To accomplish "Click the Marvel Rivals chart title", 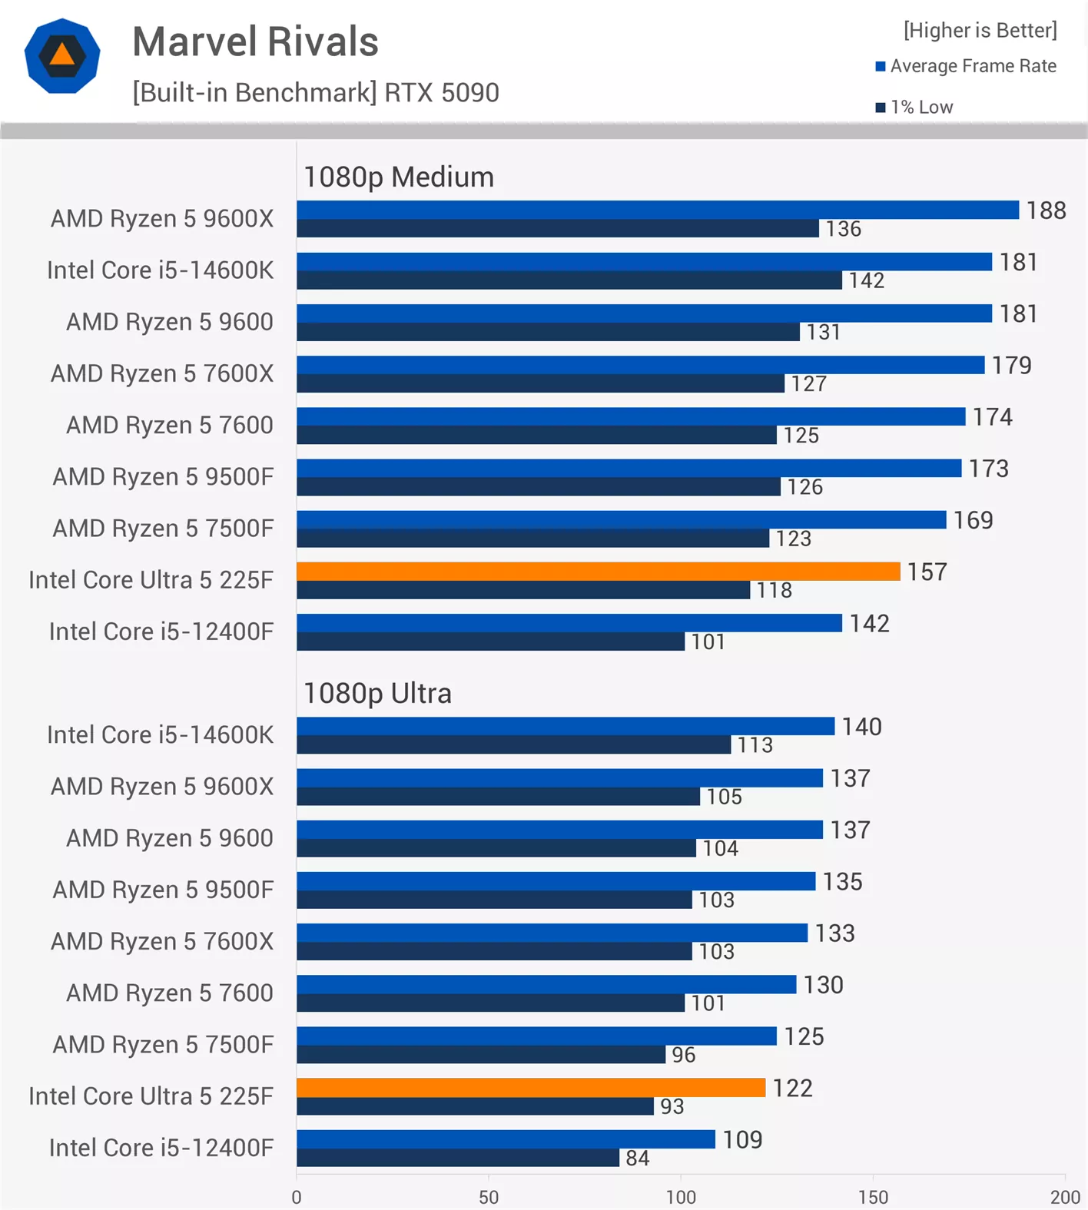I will pyautogui.click(x=255, y=41).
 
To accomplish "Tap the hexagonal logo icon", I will pyautogui.click(x=62, y=56).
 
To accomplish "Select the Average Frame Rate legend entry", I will pyautogui.click(x=967, y=66).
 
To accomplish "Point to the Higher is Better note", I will pyautogui.click(x=980, y=30).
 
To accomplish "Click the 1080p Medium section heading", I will pyautogui.click(x=399, y=177).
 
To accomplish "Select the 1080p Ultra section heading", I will pyautogui.click(x=377, y=694).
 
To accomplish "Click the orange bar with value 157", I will pyautogui.click(x=598, y=572).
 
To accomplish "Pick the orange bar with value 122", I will pyautogui.click(x=530, y=1088).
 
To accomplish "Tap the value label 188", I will pyautogui.click(x=1046, y=211).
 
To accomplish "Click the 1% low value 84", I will pyautogui.click(x=637, y=1158).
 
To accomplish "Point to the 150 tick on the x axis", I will pyautogui.click(x=873, y=1197).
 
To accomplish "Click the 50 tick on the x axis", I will pyautogui.click(x=489, y=1197).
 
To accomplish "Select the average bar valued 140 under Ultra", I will pyautogui.click(x=565, y=726).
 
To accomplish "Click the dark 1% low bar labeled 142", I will pyautogui.click(x=569, y=280).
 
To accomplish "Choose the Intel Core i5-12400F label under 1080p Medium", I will pyautogui.click(x=161, y=632).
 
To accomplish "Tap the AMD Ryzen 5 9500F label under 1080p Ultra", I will pyautogui.click(x=163, y=890).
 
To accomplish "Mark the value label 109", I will pyautogui.click(x=741, y=1139).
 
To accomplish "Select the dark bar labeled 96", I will pyautogui.click(x=480, y=1055).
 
